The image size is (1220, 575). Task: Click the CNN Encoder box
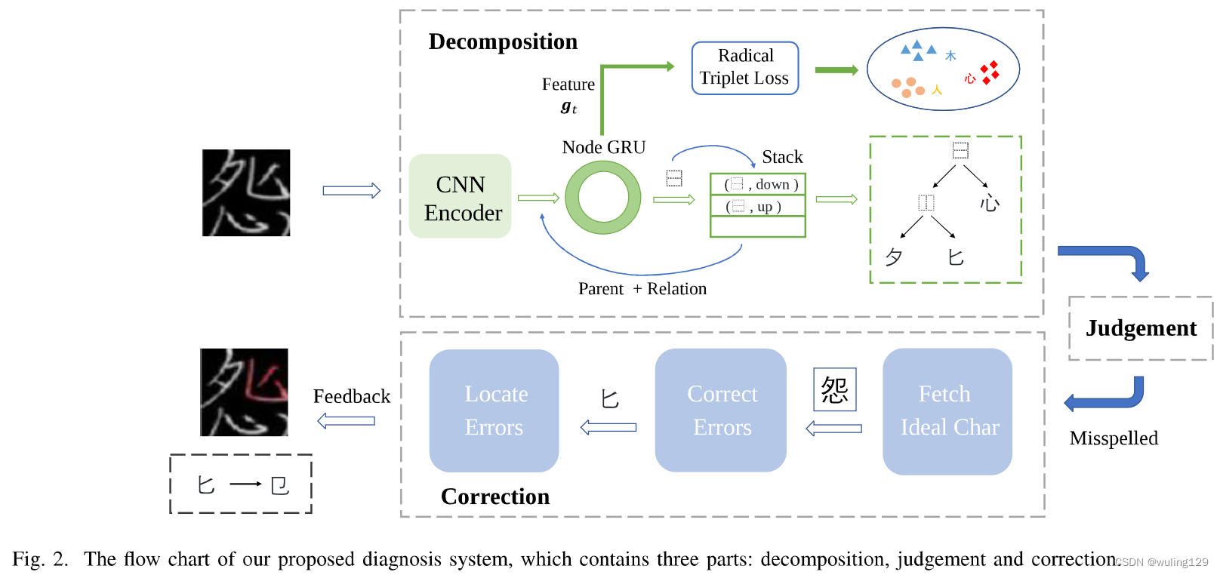point(460,197)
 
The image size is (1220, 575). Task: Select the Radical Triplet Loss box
point(744,68)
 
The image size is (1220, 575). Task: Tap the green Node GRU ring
point(602,198)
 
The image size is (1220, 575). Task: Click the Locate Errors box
point(494,410)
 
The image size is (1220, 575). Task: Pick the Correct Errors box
point(720,410)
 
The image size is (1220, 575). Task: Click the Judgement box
point(1140,328)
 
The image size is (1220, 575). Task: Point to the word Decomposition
point(503,42)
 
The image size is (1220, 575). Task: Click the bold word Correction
point(495,497)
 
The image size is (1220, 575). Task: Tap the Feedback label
point(352,396)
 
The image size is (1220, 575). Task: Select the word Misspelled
point(1113,438)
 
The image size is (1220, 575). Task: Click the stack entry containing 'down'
point(758,184)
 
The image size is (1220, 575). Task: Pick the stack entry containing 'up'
point(758,206)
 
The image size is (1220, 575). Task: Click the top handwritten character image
point(246,192)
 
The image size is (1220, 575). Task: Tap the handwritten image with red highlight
point(244,392)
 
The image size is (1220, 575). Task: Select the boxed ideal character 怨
point(834,389)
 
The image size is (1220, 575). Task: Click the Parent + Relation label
point(642,289)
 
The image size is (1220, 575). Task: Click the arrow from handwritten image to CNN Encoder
point(351,191)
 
